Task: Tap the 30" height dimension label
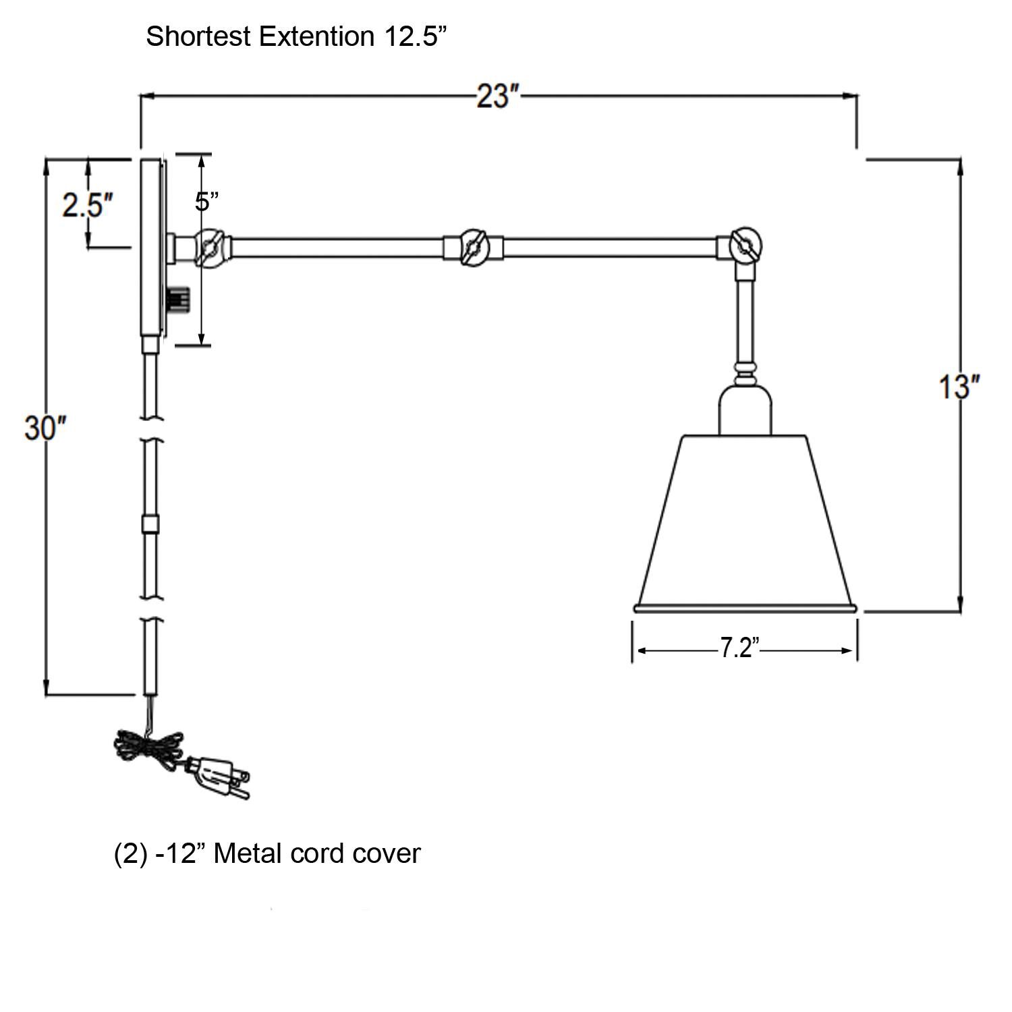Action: coord(45,428)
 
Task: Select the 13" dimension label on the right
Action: coord(959,387)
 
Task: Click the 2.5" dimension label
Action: coord(87,204)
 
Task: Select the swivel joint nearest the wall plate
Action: coord(209,246)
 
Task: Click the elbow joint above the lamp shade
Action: coord(745,246)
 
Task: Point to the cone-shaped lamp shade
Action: coord(745,519)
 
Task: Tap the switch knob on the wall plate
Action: coord(177,298)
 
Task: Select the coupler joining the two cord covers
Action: coord(150,524)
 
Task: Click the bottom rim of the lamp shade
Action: coord(745,609)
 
